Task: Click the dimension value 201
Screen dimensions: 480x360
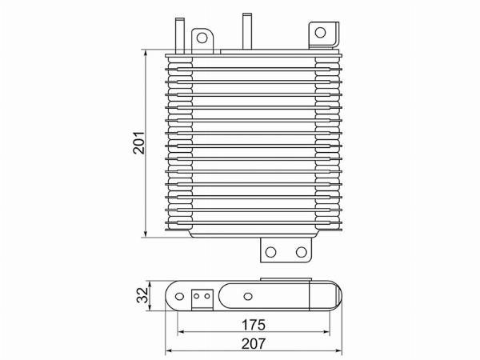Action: pos(138,142)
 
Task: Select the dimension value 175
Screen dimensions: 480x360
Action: pos(254,325)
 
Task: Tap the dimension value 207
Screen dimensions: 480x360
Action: pos(254,344)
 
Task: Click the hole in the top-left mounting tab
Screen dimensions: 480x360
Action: pos(202,38)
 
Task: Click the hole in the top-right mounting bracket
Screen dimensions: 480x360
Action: pos(320,32)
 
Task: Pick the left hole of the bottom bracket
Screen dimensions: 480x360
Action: pos(270,252)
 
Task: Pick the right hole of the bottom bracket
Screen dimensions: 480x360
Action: pos(302,252)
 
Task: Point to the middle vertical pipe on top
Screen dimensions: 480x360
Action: pos(247,31)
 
